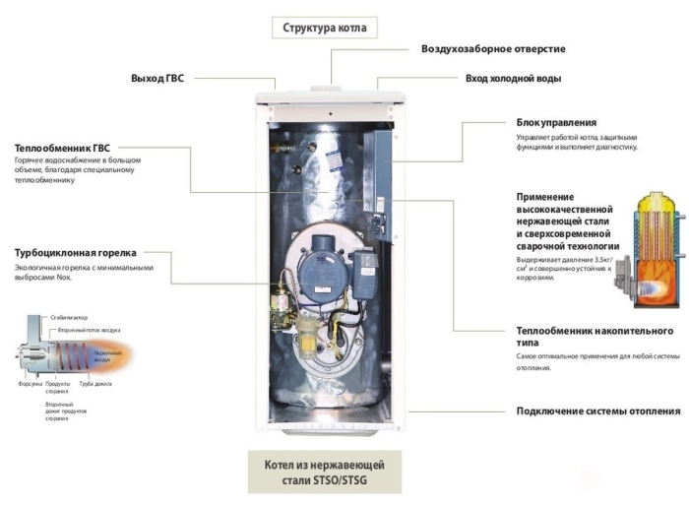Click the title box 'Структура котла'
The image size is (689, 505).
(x=324, y=28)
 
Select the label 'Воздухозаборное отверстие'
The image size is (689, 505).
(x=493, y=48)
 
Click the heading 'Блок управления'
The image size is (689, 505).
(x=555, y=122)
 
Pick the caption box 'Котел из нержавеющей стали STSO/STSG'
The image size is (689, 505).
(x=324, y=472)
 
